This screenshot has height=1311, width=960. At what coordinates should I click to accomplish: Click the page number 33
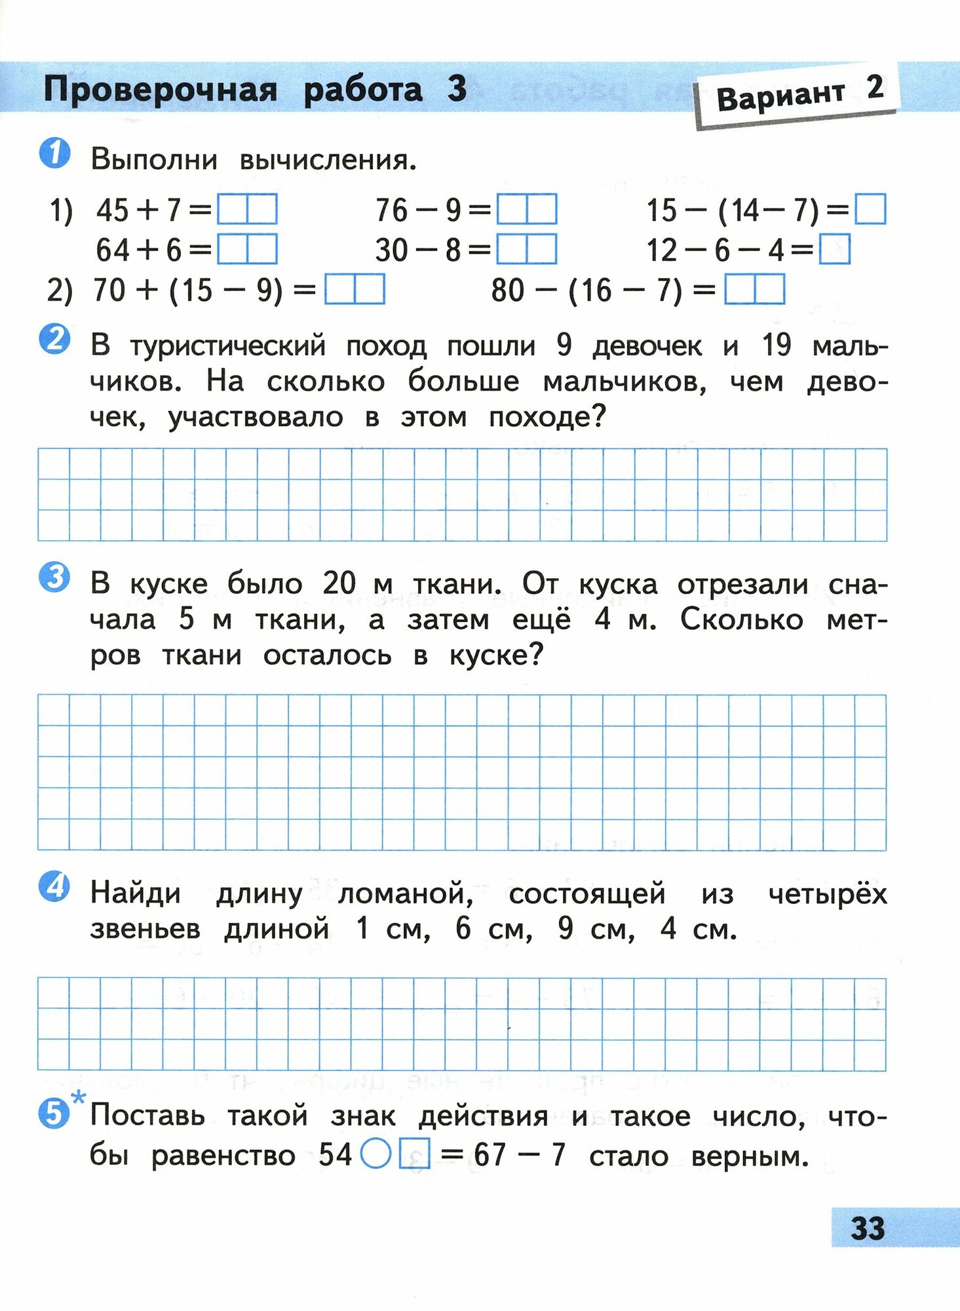pos(868,1228)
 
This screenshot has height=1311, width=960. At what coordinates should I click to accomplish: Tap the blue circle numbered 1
pos(55,155)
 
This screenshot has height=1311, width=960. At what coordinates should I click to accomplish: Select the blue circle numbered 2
pos(55,340)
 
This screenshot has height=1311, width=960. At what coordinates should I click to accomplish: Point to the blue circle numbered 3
pos(55,578)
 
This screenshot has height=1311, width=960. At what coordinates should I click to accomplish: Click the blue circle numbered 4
pos(55,887)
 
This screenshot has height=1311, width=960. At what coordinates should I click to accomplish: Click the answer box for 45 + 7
pos(247,210)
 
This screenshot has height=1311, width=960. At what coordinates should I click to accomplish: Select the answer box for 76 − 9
pos(527,210)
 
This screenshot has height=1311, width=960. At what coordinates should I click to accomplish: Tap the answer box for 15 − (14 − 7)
pos(871,210)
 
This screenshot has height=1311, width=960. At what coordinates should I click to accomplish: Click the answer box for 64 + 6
pos(247,250)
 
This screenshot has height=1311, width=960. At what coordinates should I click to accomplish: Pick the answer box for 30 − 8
pos(527,250)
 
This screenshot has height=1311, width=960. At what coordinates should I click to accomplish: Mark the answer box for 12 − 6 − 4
pos(835,250)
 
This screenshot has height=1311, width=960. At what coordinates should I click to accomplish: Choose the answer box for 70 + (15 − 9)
pos(355,290)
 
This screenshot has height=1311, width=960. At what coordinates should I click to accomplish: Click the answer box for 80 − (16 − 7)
pos(754,290)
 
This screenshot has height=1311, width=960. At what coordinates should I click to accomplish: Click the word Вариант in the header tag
pos(780,96)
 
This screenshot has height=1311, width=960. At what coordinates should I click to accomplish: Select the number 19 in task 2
pos(777,345)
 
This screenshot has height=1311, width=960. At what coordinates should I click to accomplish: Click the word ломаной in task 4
pos(405,893)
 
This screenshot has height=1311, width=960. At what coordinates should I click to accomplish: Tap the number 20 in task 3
pos(339,583)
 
